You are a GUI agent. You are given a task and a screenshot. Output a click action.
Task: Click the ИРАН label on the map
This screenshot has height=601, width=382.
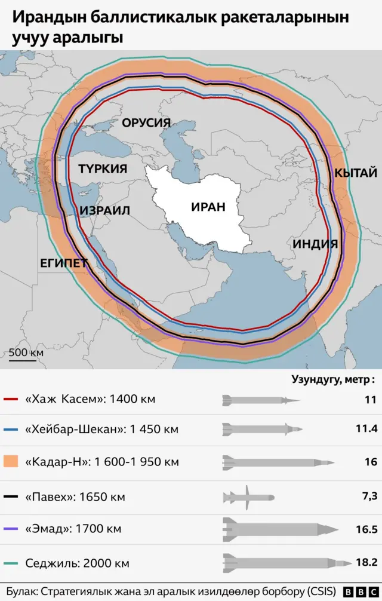(208, 207)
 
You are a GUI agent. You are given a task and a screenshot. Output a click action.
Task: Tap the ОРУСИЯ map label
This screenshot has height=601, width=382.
(146, 123)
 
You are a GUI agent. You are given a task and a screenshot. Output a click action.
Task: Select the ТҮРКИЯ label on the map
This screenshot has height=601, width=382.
(103, 169)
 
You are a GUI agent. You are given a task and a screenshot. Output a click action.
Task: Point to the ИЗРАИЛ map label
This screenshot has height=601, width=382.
(104, 211)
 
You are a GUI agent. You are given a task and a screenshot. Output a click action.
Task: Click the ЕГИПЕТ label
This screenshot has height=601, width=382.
(64, 263)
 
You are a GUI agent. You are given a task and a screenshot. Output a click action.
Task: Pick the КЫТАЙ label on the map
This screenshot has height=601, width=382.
(355, 173)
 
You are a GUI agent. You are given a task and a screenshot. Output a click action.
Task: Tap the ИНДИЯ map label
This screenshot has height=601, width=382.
(315, 244)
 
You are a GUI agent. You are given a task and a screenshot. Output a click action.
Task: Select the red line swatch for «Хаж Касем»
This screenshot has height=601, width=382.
(12, 398)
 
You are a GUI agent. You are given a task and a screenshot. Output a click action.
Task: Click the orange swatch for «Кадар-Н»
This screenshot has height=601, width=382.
(12, 462)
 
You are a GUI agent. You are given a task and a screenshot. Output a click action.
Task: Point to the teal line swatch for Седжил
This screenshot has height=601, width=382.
(12, 563)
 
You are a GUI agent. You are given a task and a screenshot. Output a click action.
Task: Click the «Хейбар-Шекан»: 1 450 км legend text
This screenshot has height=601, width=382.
(102, 430)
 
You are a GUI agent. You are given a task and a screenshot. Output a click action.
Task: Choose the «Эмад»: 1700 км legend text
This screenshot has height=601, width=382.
(73, 529)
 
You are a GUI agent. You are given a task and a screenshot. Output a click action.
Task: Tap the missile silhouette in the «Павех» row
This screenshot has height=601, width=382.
(248, 497)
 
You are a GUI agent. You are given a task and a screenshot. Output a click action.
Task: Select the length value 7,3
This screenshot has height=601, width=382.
(369, 497)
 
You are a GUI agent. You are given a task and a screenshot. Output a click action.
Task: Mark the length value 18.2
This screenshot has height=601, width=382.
(366, 563)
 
